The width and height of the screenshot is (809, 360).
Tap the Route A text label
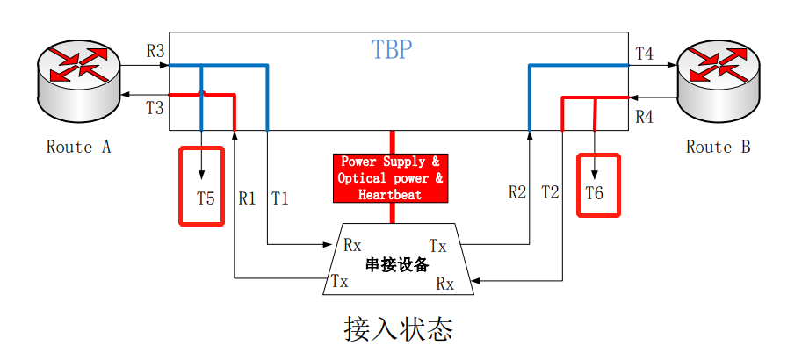pos(78,147)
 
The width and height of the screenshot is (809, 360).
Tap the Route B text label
pos(718,147)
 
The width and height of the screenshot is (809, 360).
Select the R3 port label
pos(155,51)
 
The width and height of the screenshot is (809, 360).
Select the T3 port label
pos(155,108)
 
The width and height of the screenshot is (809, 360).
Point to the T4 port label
pos(644,54)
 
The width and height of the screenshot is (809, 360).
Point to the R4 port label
pos(644,116)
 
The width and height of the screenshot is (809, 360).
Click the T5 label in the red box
pos(206,198)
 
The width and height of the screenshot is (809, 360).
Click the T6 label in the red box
pos(595,193)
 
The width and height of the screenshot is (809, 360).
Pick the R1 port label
pos(247,198)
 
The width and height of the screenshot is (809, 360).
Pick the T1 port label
pos(279,198)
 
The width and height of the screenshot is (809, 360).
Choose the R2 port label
pos(517,191)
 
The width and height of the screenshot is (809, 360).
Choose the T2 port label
pos(550,191)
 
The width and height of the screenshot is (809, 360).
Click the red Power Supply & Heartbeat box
pos(391,178)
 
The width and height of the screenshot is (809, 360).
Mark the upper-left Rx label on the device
pos(353,243)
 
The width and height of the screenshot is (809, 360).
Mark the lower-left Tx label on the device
pos(339,281)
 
